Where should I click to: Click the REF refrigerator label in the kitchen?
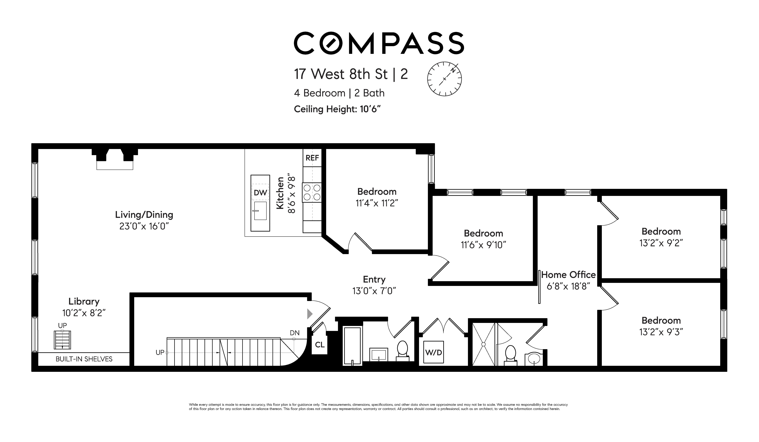[x=312, y=158]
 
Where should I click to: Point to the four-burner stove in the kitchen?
[x=312, y=192]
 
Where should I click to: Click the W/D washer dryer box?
[x=433, y=352]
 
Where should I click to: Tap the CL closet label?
[x=320, y=345]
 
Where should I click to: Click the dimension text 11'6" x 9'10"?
[x=483, y=245]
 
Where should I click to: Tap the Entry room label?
[x=374, y=279]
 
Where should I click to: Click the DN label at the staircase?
[x=295, y=333]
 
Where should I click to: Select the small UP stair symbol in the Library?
[x=62, y=340]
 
